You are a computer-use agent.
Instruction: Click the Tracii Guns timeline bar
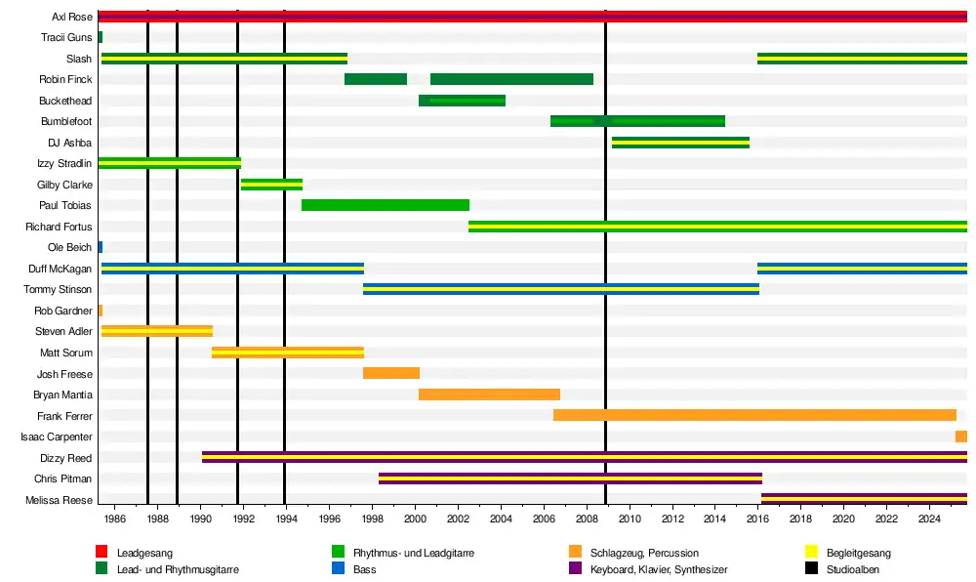[x=100, y=37]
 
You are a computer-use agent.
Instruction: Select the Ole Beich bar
[x=100, y=247]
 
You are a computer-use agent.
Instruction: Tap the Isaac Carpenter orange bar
[x=960, y=436]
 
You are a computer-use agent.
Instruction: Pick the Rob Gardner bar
[x=100, y=311]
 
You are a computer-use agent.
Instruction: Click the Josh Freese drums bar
[x=390, y=373]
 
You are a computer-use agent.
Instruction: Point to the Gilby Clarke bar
[x=271, y=185]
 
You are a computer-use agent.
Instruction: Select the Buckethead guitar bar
[x=462, y=101]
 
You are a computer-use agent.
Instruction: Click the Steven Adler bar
[x=156, y=331]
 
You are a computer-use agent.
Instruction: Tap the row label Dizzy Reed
[x=66, y=458]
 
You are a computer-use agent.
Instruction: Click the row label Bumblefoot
[x=66, y=122]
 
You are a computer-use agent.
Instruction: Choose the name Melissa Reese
[x=64, y=501]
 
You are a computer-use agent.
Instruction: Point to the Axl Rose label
[x=72, y=18]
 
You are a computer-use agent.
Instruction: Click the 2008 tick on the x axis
[x=586, y=520]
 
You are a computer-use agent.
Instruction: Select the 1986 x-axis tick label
[x=114, y=520]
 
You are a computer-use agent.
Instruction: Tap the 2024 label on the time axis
[x=928, y=520]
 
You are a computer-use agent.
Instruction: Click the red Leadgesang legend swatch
[x=102, y=553]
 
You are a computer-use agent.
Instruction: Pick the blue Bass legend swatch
[x=339, y=568]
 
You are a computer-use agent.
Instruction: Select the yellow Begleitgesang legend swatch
[x=810, y=553]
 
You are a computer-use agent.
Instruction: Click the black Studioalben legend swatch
[x=810, y=568]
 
